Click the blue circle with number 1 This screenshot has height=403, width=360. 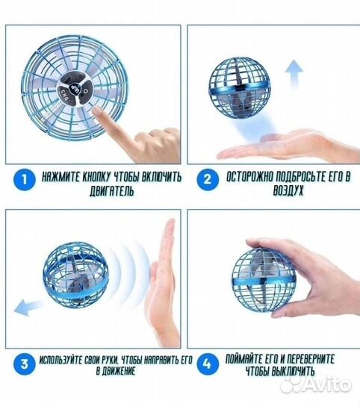[24, 180]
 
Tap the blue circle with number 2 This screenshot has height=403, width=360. [208, 180]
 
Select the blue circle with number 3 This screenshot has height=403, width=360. [24, 364]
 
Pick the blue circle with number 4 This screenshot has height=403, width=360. [208, 364]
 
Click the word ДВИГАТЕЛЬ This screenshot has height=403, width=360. [111, 191]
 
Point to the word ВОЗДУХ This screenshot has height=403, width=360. [288, 191]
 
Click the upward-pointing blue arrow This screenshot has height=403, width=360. [294, 75]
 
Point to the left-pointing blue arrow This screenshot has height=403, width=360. [28, 307]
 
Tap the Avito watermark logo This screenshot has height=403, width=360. [315, 385]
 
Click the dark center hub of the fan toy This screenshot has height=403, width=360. [73, 92]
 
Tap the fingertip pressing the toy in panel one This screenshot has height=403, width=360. [97, 111]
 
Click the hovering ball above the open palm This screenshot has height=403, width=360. [240, 88]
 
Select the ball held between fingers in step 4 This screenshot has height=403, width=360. [264, 279]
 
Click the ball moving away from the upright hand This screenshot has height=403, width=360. [75, 275]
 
